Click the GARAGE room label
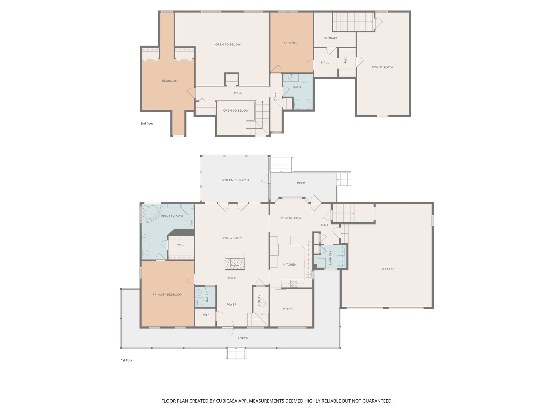(x=388, y=269)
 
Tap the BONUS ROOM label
(x=382, y=67)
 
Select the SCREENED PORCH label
(x=235, y=180)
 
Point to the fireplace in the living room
(x=235, y=261)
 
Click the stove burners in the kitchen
(x=294, y=283)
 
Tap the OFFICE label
(x=288, y=309)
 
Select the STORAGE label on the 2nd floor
(x=331, y=38)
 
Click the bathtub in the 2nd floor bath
(x=303, y=105)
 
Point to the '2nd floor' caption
(x=147, y=123)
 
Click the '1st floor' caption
(x=127, y=360)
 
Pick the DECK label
(x=301, y=183)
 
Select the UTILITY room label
(x=259, y=300)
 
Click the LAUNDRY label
(x=330, y=257)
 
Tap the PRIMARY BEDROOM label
(x=168, y=294)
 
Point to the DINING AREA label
(x=291, y=218)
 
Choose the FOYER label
(x=231, y=304)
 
